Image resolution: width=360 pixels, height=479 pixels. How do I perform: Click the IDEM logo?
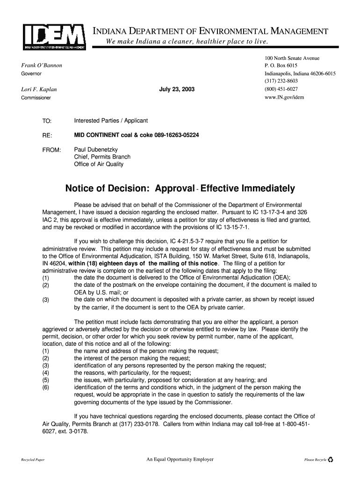click(x=54, y=37)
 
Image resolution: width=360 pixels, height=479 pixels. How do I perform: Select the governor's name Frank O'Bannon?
click(x=42, y=65)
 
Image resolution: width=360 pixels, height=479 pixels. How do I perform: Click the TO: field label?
click(x=47, y=121)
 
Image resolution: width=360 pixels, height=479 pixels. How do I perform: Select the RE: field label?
click(x=47, y=136)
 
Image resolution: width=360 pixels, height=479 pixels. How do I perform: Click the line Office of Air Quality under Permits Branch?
click(x=99, y=164)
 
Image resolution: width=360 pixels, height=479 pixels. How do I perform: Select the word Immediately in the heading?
click(x=268, y=189)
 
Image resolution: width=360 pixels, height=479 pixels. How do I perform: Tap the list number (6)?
click(x=46, y=387)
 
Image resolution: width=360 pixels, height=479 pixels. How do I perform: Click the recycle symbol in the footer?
click(x=331, y=460)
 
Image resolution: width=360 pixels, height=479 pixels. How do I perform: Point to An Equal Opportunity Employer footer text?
click(x=180, y=459)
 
